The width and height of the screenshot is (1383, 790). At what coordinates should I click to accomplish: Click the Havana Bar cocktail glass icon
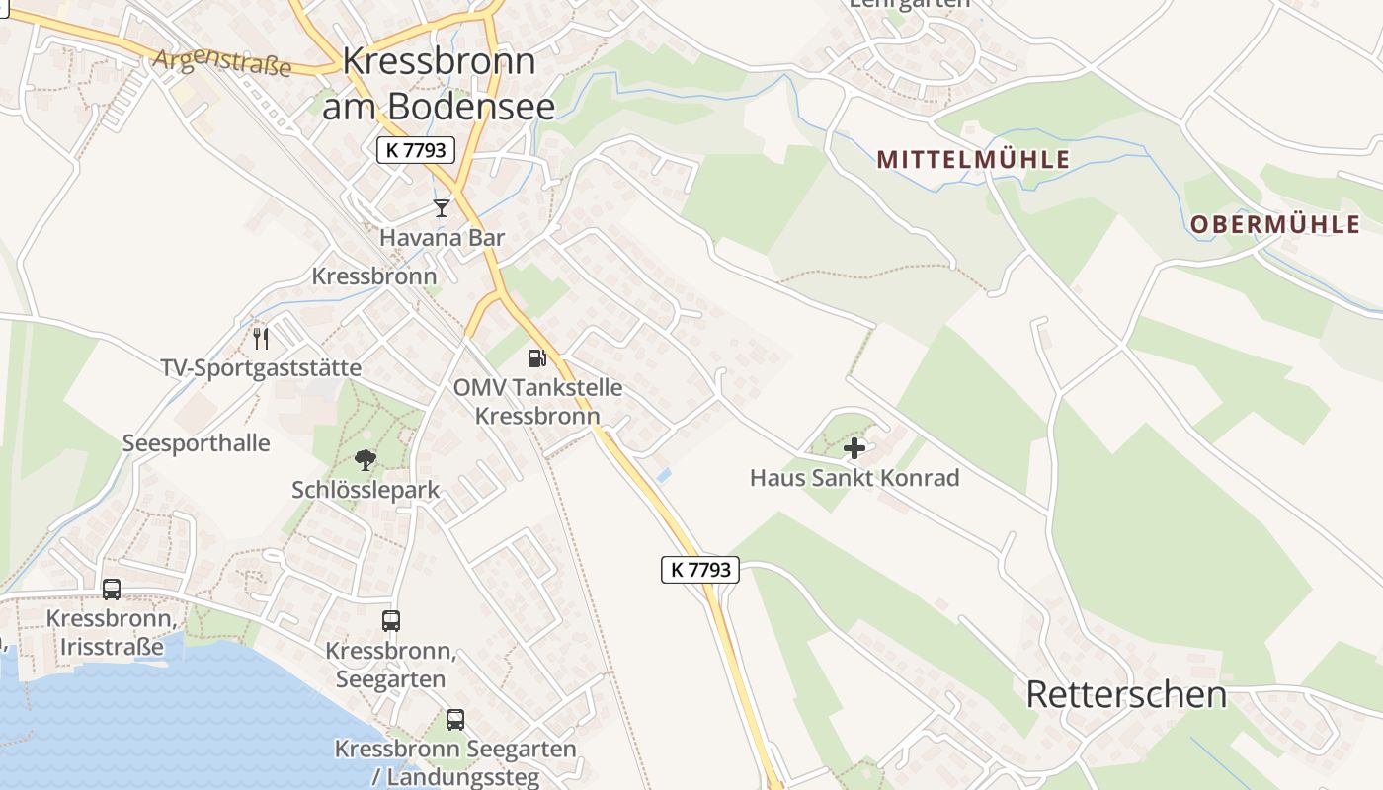click(442, 207)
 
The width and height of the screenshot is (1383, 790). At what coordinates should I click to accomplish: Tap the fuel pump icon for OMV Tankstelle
click(536, 357)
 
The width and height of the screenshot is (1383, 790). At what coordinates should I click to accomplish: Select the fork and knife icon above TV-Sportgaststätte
click(261, 339)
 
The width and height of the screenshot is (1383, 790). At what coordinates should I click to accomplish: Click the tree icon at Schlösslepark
click(366, 459)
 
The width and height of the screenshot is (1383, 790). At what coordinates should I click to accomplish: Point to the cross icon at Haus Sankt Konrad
click(854, 448)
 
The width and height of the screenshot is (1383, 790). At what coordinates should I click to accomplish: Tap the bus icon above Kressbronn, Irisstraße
click(112, 590)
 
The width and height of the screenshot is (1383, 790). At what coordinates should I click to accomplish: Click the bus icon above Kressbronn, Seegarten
click(391, 621)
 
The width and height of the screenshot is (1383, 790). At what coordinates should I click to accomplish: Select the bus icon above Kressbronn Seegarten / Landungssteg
click(455, 720)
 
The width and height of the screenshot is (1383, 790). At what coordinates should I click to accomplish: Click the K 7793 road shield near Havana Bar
click(416, 150)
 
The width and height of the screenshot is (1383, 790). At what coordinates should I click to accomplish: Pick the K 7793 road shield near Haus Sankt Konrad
click(700, 569)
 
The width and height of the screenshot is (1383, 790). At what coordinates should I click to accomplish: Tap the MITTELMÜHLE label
click(973, 159)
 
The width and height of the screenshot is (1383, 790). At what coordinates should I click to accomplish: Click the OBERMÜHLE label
click(1274, 224)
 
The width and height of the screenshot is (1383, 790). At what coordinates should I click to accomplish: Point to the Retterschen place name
click(1126, 694)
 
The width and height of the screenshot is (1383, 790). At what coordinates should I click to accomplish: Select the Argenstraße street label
click(222, 63)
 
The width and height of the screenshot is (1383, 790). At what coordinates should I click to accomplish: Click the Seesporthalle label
click(196, 442)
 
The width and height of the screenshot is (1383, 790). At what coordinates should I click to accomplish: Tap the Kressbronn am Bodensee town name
click(440, 83)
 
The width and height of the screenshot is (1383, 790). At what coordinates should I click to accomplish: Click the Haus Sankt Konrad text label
click(854, 478)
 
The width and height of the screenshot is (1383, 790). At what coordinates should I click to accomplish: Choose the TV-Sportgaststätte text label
click(261, 368)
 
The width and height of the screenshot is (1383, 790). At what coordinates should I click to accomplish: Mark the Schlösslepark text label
click(366, 490)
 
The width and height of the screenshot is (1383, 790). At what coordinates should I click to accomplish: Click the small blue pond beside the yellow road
click(665, 475)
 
